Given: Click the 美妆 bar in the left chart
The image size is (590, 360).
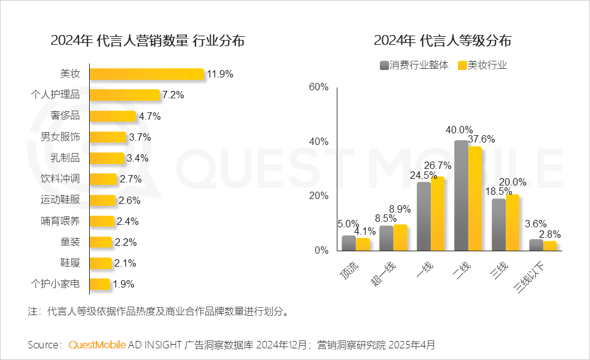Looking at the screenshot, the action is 147,74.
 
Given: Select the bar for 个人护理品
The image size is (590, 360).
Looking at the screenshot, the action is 125,95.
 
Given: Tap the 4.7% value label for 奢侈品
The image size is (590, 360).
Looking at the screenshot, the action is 150,116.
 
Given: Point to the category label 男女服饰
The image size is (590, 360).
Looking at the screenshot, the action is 60,136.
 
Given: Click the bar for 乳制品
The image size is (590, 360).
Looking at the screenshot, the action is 107,158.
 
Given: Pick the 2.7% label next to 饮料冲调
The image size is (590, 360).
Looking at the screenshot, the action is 130,179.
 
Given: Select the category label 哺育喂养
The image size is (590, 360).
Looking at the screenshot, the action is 60,221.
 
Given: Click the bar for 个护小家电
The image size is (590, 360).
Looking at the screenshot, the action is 100,284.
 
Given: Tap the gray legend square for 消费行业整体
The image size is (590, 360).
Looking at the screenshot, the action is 383,66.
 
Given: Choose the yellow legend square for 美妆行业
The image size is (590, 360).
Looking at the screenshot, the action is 462,66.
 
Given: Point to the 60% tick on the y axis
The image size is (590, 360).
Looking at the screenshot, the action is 319,87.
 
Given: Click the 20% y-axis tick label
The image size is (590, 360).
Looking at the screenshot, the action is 319,195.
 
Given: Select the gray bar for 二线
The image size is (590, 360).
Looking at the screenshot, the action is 462,195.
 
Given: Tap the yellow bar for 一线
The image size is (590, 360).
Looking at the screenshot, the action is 438,214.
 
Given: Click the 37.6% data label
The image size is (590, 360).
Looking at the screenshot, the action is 481,139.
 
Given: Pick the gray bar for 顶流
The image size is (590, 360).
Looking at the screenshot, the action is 349,243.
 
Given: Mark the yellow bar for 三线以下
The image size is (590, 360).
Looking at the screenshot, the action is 549,246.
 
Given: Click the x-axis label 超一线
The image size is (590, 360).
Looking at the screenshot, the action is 383,274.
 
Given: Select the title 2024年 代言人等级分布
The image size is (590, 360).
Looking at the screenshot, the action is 442,41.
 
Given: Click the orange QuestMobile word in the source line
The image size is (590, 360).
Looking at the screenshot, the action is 97,345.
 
